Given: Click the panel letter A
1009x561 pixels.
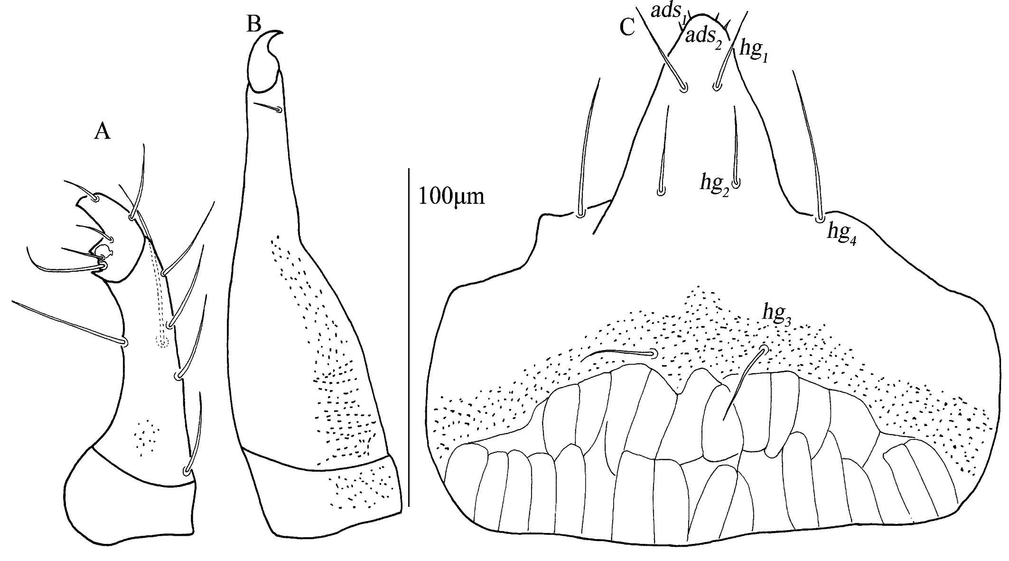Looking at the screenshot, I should tap(103, 132).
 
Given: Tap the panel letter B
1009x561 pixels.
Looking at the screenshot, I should tap(254, 24).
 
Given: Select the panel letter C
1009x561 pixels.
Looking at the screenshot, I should tap(627, 29).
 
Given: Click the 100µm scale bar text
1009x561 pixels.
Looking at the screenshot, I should tap(451, 196).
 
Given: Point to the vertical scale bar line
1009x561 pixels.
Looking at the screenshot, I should tap(409, 333).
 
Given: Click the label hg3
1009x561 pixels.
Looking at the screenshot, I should tap(777, 313).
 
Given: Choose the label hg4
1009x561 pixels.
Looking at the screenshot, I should tap(841, 233).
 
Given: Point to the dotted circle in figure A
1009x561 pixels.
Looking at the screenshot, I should tap(162, 341).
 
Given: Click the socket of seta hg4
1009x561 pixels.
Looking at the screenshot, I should tap(820, 219).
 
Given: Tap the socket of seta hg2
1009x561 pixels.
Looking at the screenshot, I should tap(736, 183).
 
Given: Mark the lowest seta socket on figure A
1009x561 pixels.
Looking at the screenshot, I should tap(186, 471).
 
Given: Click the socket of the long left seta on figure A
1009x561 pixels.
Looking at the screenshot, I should tap(125, 342).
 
